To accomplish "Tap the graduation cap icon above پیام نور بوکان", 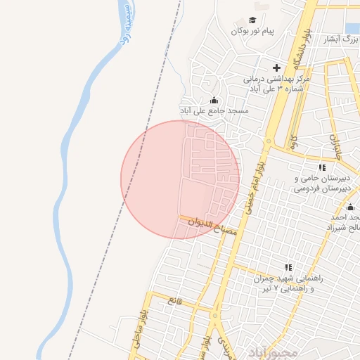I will click(252, 20).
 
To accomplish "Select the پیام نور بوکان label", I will click(252, 32).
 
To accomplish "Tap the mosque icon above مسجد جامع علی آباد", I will click(214, 100).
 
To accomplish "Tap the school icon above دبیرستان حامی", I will click(322, 167).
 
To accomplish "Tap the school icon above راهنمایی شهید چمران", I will click(288, 267).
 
